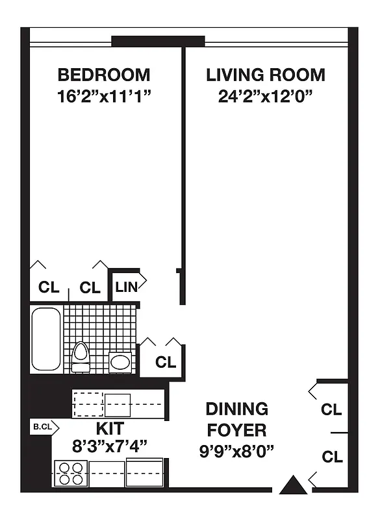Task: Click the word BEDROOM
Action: coord(103,75)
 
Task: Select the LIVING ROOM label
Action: coord(266,75)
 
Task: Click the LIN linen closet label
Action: coord(126,286)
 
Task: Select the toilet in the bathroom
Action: coord(81,356)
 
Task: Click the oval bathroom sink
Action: coord(120,361)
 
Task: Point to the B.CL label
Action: coord(43,427)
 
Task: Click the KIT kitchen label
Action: coord(110,428)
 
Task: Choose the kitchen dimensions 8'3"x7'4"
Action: coord(110,446)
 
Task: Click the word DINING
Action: coord(236,409)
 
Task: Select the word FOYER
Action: coord(236,429)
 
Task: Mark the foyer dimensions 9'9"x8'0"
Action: coord(236,450)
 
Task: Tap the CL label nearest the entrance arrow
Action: coord(332,457)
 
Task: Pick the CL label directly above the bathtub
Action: coord(49,287)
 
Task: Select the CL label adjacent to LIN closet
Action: coord(90,287)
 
